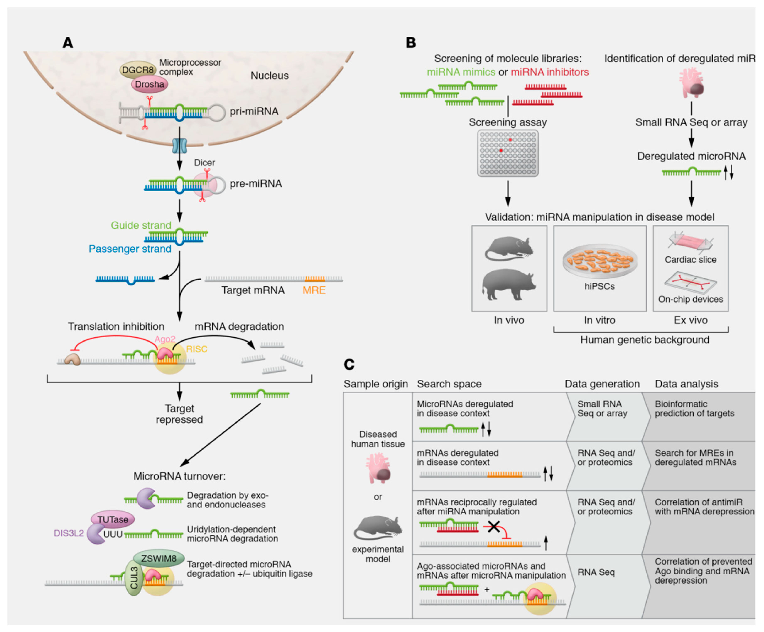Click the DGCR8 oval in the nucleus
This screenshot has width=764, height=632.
coord(137,70)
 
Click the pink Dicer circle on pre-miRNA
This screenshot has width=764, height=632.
coord(205,185)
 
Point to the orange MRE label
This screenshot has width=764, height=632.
coord(314,290)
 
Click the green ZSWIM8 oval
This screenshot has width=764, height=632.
coord(159,558)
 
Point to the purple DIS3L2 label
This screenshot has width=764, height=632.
coord(69,533)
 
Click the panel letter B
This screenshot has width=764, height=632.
coord(411,43)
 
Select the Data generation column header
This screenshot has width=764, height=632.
coord(602,384)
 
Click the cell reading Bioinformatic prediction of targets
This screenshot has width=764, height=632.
coord(694,409)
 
